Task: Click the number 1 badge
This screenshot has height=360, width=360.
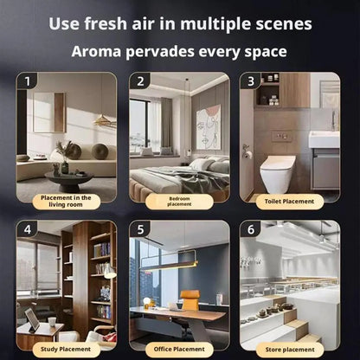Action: (29, 82)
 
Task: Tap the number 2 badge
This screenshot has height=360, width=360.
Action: (140, 82)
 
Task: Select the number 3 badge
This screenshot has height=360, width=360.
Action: (251, 82)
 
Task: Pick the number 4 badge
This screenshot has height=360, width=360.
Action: (29, 230)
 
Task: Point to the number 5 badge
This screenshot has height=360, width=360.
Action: (140, 230)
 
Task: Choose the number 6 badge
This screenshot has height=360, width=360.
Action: (251, 230)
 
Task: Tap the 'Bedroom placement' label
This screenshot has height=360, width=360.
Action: (180, 201)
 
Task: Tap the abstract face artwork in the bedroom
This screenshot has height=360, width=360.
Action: (208, 127)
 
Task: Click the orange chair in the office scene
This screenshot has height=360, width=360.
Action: (190, 303)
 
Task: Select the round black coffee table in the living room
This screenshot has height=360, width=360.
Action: (68, 179)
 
